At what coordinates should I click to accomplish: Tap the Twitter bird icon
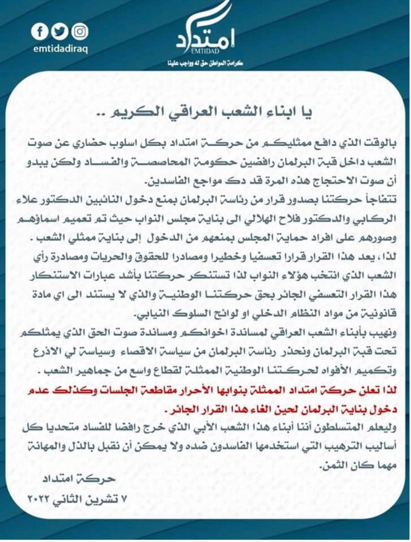[x=59, y=32]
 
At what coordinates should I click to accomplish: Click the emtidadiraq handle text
[x=60, y=49]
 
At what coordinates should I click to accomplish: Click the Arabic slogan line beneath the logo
[x=205, y=63]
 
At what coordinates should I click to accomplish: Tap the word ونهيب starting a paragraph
[x=383, y=333]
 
